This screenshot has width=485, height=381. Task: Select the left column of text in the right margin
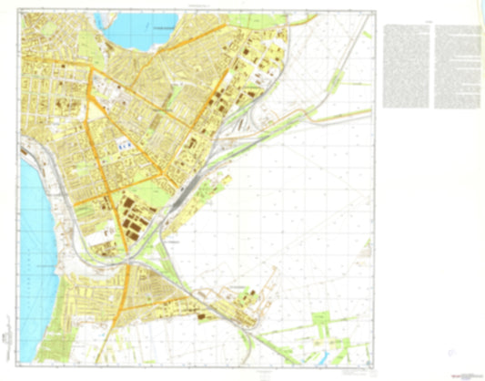409,64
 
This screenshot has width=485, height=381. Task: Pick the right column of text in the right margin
457,64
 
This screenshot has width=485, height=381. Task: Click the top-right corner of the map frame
375,13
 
